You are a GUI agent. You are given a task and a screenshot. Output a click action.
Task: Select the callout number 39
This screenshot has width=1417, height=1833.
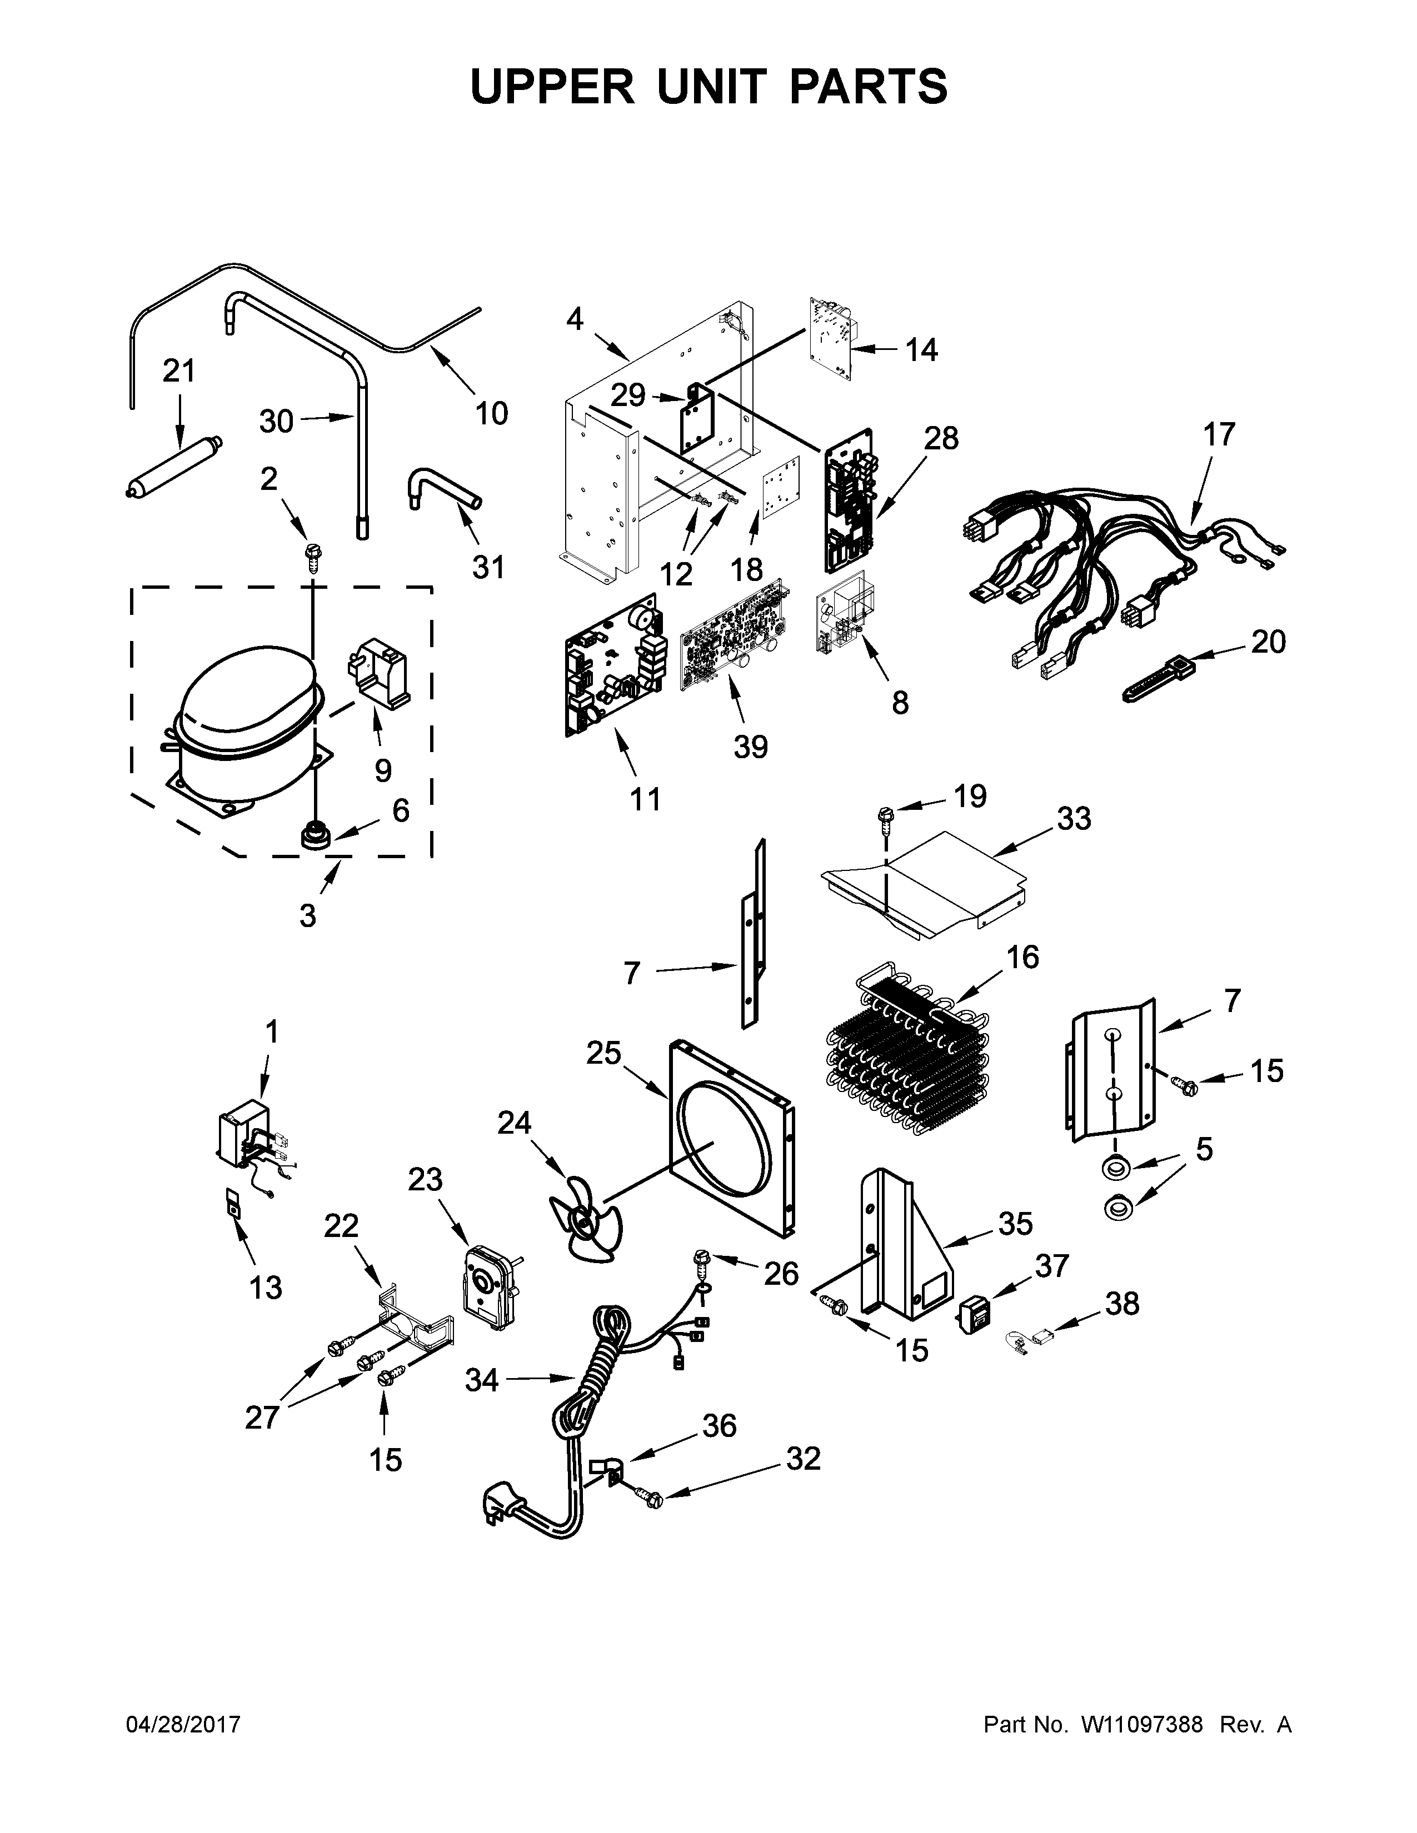click(x=751, y=746)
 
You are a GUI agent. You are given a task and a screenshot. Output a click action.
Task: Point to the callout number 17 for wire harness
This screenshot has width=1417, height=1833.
click(x=1219, y=435)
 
